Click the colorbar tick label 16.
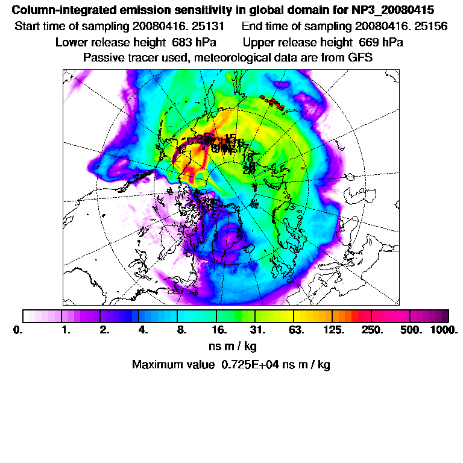coord(219,330)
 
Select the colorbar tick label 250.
coord(372,330)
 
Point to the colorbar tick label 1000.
coord(444,330)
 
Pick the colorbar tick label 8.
coord(180,330)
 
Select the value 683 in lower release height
coord(175,42)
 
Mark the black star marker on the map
coord(174,161)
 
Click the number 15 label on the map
coord(230,138)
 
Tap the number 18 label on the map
coord(247,158)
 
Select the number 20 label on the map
coord(248,171)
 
